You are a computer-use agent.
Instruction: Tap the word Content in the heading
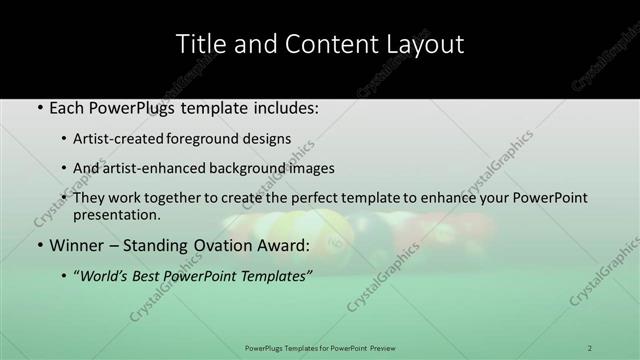coord(321,44)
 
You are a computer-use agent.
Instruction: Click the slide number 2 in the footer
coord(590,348)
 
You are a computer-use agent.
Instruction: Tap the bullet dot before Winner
coord(39,245)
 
